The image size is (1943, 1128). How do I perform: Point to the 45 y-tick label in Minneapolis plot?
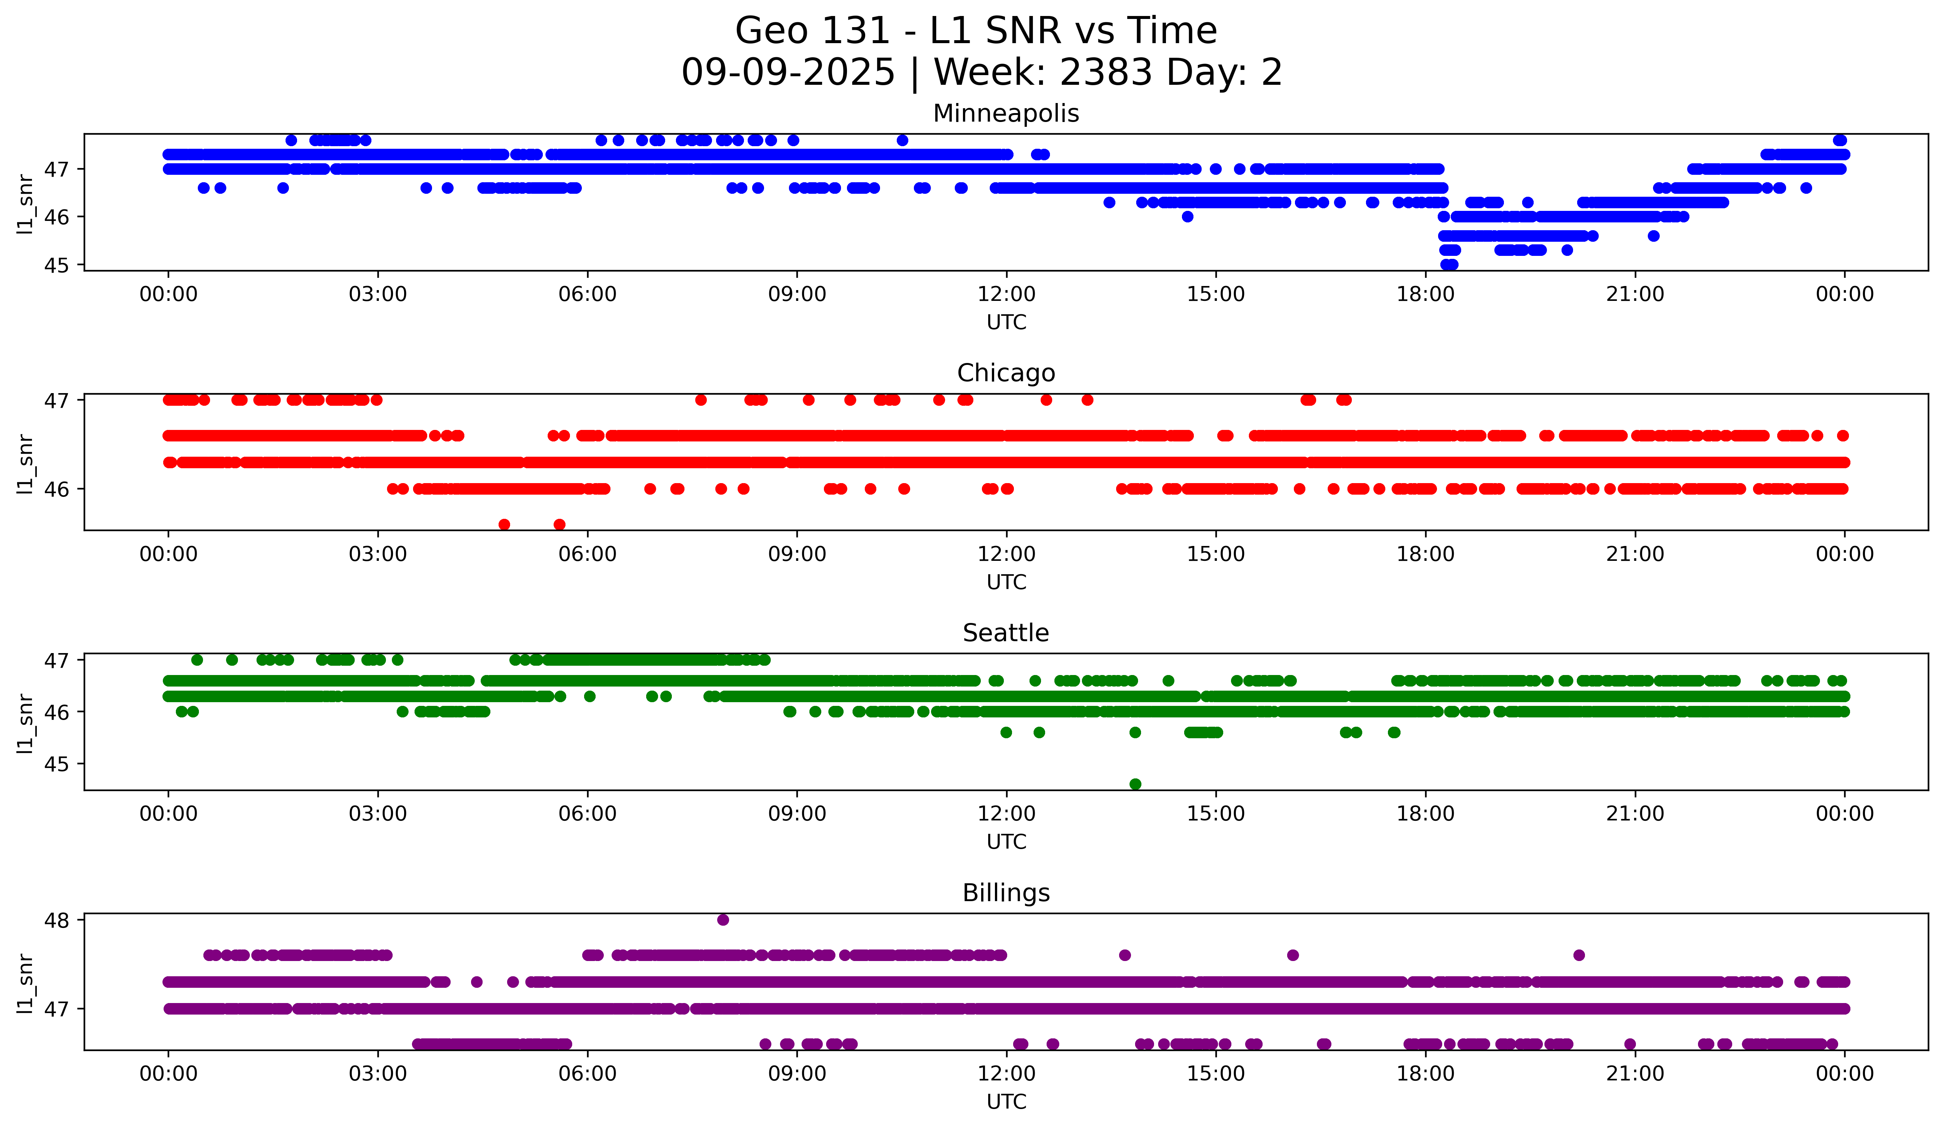click(x=56, y=265)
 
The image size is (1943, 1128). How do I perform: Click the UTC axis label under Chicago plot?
click(x=1006, y=582)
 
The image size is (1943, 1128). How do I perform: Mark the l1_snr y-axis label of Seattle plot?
click(x=25, y=723)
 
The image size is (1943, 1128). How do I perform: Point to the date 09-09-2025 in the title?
click(x=788, y=73)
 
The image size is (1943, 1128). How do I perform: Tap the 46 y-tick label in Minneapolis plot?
click(x=56, y=218)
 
